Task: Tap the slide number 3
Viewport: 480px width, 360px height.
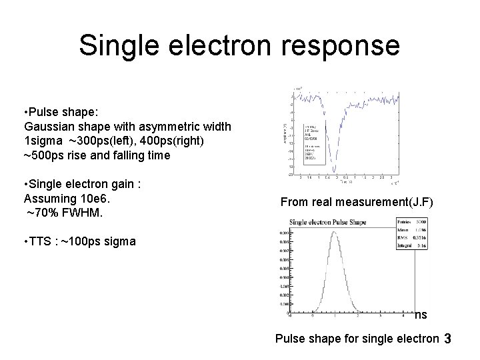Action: [447, 339]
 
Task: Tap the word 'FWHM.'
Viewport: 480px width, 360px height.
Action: [87, 213]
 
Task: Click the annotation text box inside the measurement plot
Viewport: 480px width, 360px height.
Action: [313, 144]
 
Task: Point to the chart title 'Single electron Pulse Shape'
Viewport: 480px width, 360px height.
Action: [335, 221]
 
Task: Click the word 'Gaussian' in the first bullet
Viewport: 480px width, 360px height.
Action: [49, 126]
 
